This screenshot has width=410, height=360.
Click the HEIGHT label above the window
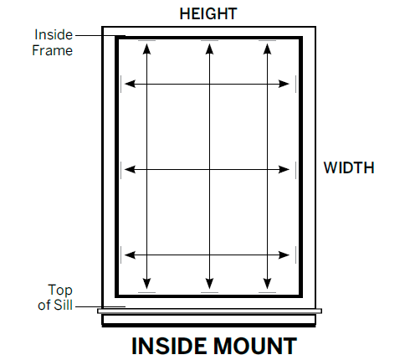208,13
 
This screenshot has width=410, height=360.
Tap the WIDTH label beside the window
349,167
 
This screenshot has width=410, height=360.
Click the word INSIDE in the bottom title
170,346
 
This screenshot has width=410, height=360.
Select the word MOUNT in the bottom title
255,346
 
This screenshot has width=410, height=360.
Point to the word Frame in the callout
53,50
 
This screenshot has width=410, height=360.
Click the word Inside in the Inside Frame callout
54,35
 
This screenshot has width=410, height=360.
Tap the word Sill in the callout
64,305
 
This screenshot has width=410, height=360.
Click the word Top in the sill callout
60,291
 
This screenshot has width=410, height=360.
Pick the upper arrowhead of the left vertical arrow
146,49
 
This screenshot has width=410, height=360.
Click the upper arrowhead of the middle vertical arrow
209,49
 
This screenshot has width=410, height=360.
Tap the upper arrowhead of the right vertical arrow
267,49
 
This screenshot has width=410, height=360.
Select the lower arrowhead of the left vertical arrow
146,284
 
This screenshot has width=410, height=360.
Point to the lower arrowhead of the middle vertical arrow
209,284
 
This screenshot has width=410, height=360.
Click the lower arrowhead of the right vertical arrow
267,284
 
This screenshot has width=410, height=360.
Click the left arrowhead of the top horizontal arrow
130,84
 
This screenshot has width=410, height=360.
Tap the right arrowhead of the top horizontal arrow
284,84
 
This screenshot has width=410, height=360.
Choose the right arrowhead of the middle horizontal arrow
284,169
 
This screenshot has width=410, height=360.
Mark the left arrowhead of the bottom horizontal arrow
130,255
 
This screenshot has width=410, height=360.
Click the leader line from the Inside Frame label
100,36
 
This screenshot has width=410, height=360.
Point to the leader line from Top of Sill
100,306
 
